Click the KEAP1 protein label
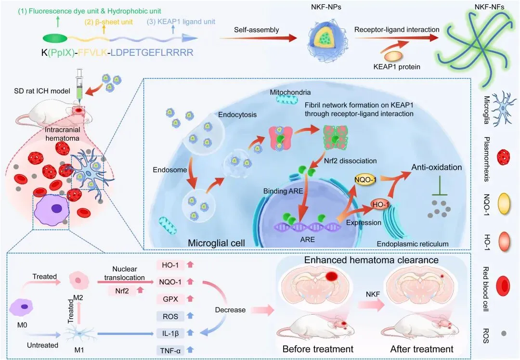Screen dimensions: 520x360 pos(397,66)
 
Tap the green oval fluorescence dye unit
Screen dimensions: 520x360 pos(55,38)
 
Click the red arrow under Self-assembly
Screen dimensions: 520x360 pos(258,38)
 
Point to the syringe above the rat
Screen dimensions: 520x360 pos(79,84)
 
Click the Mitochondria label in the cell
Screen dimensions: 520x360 pos(290,92)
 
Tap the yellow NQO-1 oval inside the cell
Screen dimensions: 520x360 pos(365,180)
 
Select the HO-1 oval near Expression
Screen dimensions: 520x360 pos(380,205)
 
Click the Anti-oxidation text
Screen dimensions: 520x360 pos(436,167)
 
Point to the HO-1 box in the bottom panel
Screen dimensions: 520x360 pos(170,265)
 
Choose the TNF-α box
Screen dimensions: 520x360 pos(170,350)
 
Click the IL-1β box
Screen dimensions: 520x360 pos(170,333)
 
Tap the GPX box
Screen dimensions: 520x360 pos(170,299)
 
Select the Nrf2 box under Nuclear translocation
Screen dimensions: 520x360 pos(122,291)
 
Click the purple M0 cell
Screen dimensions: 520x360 pos(21,307)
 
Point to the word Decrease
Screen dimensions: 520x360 pos(230,310)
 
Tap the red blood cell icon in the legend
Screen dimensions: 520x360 pos(504,286)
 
